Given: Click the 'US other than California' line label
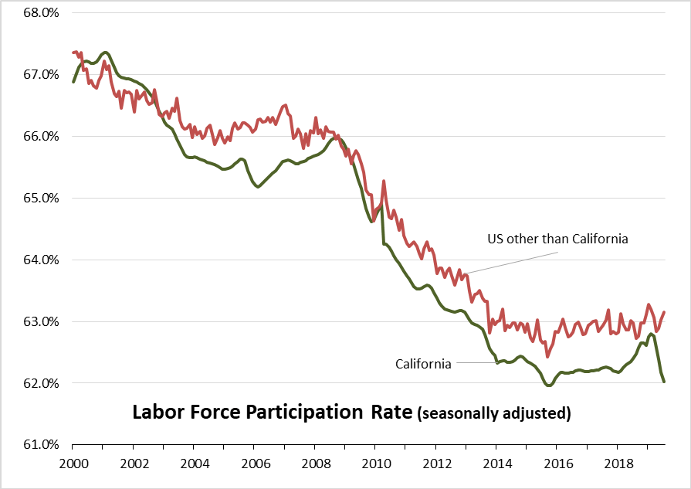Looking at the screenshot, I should pyautogui.click(x=557, y=239).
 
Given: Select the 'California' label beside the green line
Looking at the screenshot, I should pyautogui.click(x=423, y=364).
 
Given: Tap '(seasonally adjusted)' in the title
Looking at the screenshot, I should pyautogui.click(x=494, y=413).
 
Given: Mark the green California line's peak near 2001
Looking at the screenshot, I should pyautogui.click(x=105, y=53).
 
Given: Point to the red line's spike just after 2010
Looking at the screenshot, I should pyautogui.click(x=384, y=182).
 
